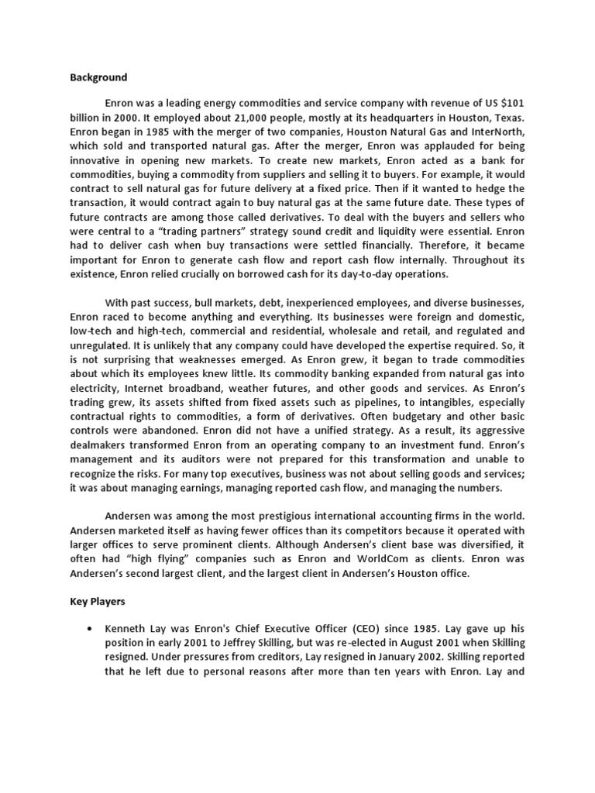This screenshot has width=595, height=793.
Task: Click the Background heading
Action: pyautogui.click(x=98, y=77)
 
